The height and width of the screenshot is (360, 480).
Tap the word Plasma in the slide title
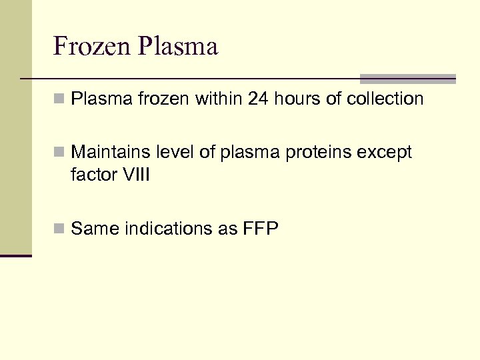178,47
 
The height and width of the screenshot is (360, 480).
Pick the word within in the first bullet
218,99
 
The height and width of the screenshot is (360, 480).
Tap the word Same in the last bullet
93,229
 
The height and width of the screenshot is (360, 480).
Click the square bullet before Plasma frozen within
59,100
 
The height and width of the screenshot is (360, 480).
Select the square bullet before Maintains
59,153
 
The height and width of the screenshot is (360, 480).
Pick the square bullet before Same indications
59,229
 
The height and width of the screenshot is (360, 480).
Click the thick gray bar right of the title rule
407,79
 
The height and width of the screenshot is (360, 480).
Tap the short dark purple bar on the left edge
15,255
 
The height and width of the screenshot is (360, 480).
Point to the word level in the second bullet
175,153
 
